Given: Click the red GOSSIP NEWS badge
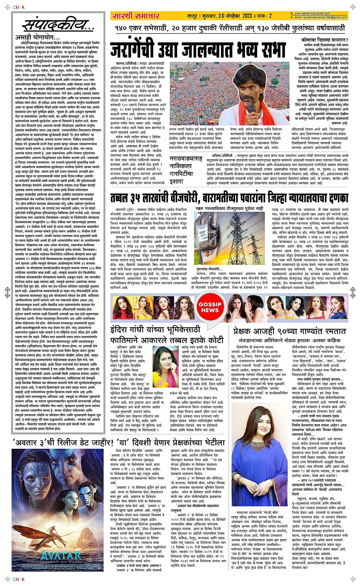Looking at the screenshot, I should pyautogui.click(x=210, y=307).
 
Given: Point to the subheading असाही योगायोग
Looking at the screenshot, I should pyautogui.click(x=37, y=38).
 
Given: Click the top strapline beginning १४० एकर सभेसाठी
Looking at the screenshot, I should pyautogui.click(x=230, y=28).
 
